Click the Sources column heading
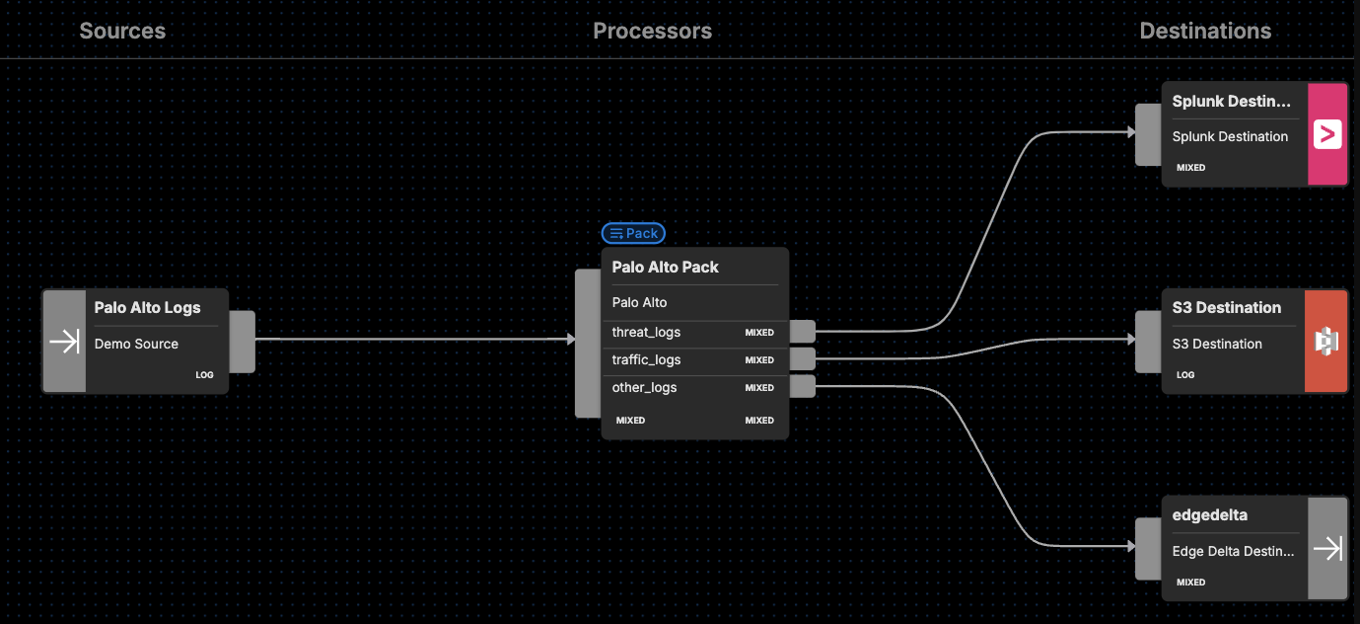pyautogui.click(x=122, y=31)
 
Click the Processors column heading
pyautogui.click(x=652, y=31)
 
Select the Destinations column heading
pyautogui.click(x=1205, y=31)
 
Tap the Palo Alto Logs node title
pyautogui.click(x=147, y=308)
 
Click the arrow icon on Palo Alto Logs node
pyautogui.click(x=64, y=342)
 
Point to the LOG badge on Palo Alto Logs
pyautogui.click(x=204, y=375)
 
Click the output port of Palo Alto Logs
pyautogui.click(x=243, y=342)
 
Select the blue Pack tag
pyautogui.click(x=633, y=234)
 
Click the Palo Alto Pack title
pyautogui.click(x=665, y=268)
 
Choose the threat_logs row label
pyautogui.click(x=646, y=333)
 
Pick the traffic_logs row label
pyautogui.click(x=646, y=360)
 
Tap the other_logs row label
pyautogui.click(x=644, y=388)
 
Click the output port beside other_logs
pyautogui.click(x=803, y=386)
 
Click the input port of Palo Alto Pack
pyautogui.click(x=588, y=343)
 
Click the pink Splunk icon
pyautogui.click(x=1327, y=134)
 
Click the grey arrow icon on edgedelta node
pyautogui.click(x=1327, y=548)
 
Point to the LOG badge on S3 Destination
pyautogui.click(x=1185, y=375)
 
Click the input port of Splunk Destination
pyautogui.click(x=1148, y=134)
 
